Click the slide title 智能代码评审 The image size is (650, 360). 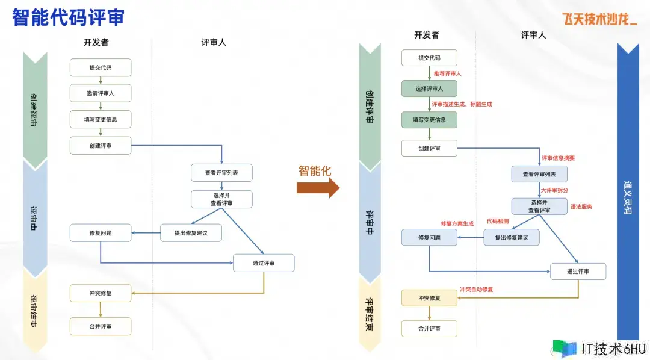point(68,18)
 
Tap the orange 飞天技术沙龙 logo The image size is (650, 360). point(599,19)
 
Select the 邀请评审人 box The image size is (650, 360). point(101,93)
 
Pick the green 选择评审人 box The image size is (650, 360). point(429,88)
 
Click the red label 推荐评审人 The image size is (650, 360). point(448,73)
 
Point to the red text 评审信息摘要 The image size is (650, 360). point(558,158)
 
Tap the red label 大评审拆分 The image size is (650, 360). point(554,190)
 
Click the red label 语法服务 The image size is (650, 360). point(581,206)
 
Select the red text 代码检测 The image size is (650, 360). point(498,222)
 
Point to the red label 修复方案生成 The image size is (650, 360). point(457,223)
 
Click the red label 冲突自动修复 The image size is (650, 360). point(476,289)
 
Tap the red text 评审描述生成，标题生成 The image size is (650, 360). point(462,104)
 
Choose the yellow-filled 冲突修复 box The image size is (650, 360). point(429,298)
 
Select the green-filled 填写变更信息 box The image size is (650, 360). point(429,120)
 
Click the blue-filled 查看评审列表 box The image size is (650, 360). point(539,174)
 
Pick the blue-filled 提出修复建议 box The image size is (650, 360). point(511,238)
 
